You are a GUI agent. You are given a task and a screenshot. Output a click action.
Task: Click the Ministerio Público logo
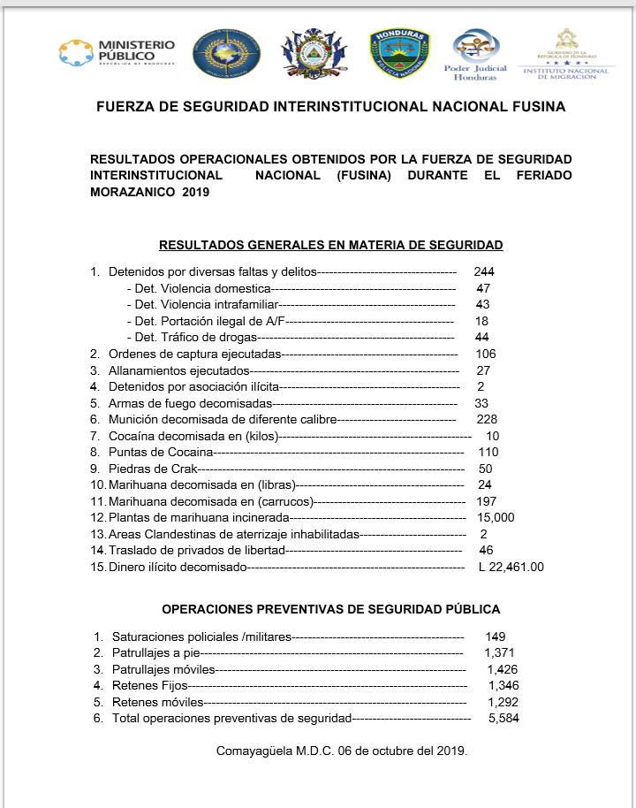click(x=117, y=53)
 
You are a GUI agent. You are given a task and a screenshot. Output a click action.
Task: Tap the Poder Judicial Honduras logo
click(x=475, y=54)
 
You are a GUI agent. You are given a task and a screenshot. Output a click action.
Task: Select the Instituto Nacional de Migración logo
click(x=566, y=54)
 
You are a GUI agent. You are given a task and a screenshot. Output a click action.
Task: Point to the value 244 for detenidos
click(x=484, y=271)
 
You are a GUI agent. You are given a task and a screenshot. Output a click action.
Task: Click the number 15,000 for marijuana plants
click(x=495, y=518)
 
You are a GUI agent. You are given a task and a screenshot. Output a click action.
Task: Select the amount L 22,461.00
click(x=511, y=568)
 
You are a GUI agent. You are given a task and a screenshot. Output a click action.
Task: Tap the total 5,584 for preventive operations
click(x=503, y=719)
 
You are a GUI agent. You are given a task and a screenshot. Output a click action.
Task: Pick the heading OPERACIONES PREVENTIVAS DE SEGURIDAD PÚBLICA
click(x=330, y=610)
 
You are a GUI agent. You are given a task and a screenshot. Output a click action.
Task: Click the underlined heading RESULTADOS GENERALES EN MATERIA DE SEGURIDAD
click(x=330, y=245)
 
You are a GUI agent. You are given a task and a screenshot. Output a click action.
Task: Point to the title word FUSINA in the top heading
click(x=535, y=107)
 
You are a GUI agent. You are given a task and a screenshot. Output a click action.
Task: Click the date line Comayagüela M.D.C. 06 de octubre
click(x=341, y=751)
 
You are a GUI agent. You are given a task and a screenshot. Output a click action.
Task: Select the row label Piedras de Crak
click(x=152, y=469)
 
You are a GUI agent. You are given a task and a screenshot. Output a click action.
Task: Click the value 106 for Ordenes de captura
click(x=486, y=354)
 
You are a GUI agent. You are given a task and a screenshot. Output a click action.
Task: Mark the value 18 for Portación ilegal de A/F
click(x=481, y=321)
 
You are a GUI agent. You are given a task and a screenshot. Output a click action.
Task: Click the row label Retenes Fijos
click(x=150, y=685)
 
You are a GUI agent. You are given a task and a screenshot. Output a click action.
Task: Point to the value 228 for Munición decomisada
click(x=487, y=419)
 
